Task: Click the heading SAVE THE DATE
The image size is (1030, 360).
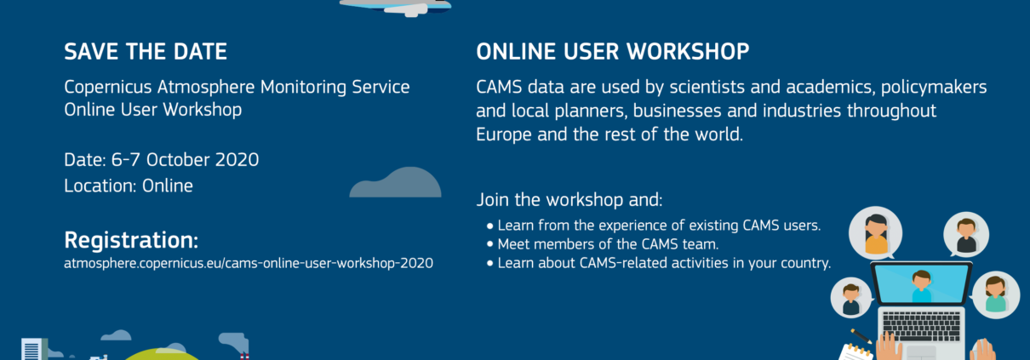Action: (146, 52)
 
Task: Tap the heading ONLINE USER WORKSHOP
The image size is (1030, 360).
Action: (613, 52)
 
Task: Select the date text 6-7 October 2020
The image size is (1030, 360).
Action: (185, 160)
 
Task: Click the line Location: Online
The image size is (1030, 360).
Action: (129, 186)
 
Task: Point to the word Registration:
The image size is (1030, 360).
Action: (131, 240)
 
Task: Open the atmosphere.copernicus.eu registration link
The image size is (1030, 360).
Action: (249, 264)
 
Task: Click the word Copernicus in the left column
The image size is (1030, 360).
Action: (107, 88)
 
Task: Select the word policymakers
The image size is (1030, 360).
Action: (934, 88)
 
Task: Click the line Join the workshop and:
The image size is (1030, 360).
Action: (569, 200)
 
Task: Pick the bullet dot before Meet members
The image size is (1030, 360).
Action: (489, 244)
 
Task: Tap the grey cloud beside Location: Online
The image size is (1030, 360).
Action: (396, 182)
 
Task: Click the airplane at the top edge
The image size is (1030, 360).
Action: (396, 8)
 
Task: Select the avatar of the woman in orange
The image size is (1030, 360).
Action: (875, 233)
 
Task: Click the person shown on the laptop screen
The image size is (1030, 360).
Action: (921, 286)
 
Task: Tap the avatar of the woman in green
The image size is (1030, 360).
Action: (995, 294)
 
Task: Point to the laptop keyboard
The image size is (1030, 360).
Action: (922, 327)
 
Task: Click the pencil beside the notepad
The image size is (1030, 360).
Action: (861, 336)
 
